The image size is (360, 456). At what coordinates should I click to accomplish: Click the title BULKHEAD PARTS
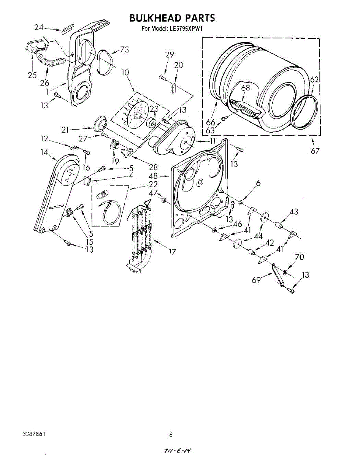(172, 18)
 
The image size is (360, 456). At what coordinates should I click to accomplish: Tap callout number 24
(39, 27)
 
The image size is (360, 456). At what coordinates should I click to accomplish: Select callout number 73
(124, 49)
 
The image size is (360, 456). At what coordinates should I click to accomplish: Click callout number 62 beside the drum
(314, 80)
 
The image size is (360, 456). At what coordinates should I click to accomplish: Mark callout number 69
(256, 280)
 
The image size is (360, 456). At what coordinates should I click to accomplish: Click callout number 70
(299, 257)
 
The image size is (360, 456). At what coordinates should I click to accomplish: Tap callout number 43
(294, 212)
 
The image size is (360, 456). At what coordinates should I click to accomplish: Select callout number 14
(45, 153)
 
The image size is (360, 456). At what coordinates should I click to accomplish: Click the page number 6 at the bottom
(171, 435)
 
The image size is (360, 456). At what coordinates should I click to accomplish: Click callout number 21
(65, 130)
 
